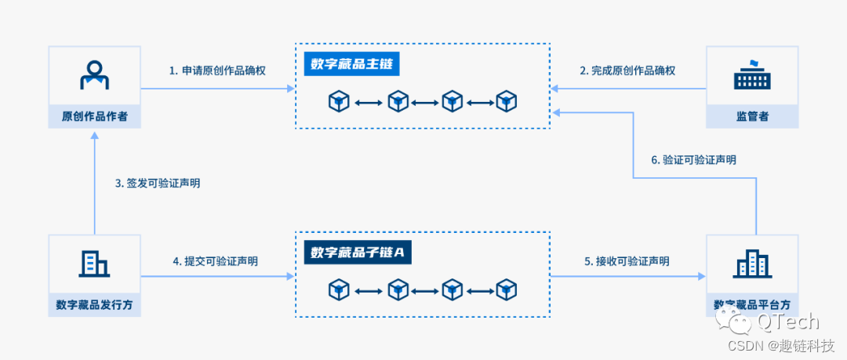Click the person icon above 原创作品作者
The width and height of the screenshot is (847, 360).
[94, 75]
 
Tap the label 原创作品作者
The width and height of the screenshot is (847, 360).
[94, 117]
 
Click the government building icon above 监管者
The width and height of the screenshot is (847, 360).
[752, 75]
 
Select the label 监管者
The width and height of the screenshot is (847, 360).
[752, 117]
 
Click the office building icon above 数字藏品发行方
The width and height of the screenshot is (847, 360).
[94, 264]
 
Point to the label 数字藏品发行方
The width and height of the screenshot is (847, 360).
[94, 305]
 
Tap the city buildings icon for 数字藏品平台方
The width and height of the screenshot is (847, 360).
[752, 264]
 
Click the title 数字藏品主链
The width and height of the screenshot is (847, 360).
[352, 64]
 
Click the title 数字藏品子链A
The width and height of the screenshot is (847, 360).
[357, 253]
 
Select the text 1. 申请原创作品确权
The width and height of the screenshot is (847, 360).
[217, 71]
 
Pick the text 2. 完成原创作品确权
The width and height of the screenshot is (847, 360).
[627, 71]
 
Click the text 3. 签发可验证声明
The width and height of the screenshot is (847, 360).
[163, 184]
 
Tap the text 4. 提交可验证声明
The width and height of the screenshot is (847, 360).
[216, 260]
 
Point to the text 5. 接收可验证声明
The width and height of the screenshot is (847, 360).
[627, 260]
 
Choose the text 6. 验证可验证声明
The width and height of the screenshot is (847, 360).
[693, 159]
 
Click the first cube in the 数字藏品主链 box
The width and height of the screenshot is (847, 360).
[339, 101]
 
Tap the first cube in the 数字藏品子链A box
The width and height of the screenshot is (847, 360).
[339, 290]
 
